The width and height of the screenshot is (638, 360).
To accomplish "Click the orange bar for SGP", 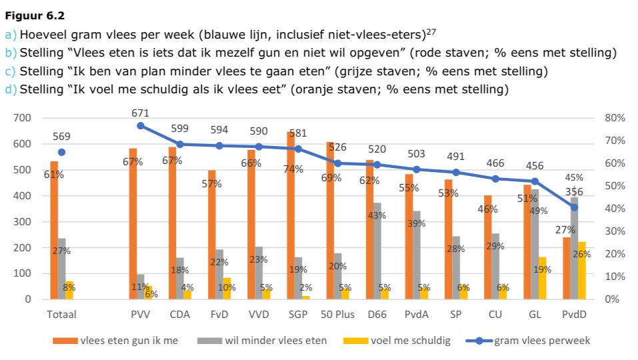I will [290, 220].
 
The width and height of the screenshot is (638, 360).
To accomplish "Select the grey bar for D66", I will [377, 253].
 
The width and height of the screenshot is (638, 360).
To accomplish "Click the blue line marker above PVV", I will [141, 125].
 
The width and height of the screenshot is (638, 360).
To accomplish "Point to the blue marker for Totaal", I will [62, 152].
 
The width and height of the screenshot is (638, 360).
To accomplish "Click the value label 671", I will [141, 113].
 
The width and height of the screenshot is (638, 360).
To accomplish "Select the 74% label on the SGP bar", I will [291, 169].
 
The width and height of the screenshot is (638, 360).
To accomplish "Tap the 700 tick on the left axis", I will [23, 118].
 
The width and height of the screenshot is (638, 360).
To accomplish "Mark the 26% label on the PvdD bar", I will [582, 254].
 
